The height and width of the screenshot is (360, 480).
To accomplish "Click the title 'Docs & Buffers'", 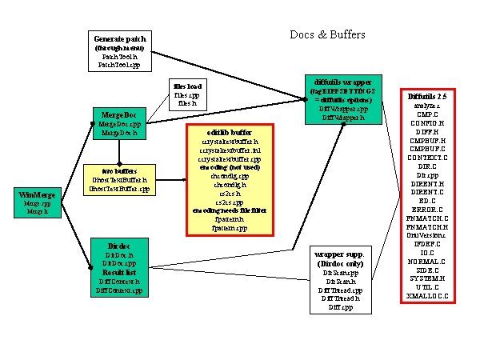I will (x=326, y=34).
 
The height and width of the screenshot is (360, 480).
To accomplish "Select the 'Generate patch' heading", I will (x=119, y=39).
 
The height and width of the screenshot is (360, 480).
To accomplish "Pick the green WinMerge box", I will (x=38, y=203).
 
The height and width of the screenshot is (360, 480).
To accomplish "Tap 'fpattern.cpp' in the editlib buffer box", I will (x=229, y=227).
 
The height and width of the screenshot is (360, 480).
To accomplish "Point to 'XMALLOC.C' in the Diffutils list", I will (x=426, y=295).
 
